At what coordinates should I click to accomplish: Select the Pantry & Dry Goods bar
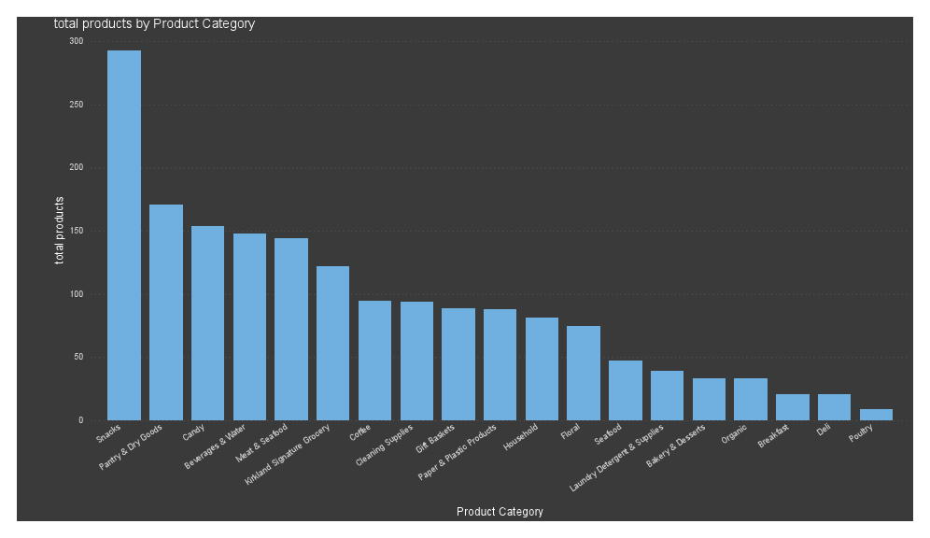[x=166, y=312]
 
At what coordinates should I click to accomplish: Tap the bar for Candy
[x=207, y=323]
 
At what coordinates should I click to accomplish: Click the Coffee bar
[x=374, y=361]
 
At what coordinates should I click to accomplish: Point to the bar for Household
[x=542, y=369]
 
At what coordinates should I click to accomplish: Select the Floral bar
[x=584, y=373]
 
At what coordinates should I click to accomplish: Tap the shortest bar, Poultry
[x=876, y=415]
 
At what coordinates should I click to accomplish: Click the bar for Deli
[x=834, y=407]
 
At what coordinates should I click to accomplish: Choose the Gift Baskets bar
[x=458, y=364]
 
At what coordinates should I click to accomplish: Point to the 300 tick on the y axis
[x=76, y=42]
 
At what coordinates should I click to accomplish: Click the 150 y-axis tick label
[x=76, y=232]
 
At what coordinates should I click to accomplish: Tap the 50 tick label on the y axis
[x=78, y=358]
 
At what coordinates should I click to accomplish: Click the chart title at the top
[x=154, y=24]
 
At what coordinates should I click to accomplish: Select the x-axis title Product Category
[x=500, y=512]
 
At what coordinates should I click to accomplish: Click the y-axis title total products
[x=60, y=231]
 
